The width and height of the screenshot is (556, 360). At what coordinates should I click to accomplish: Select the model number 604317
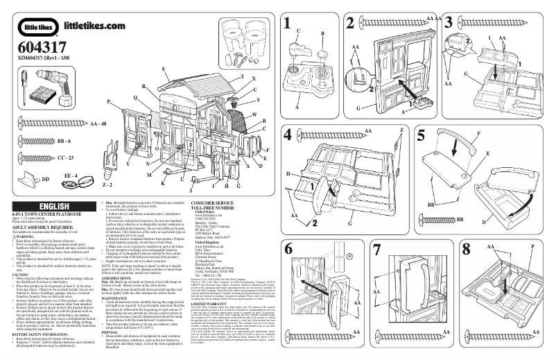[35, 50]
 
